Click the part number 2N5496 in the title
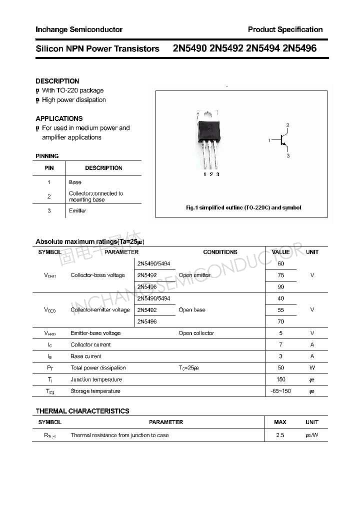(x=299, y=49)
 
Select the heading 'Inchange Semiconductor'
(x=79, y=29)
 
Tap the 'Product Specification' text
(x=285, y=29)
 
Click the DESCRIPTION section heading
(x=57, y=81)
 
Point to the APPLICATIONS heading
(x=59, y=118)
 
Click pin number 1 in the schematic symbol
(x=269, y=140)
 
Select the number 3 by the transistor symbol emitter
(x=288, y=156)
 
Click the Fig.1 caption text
(x=243, y=207)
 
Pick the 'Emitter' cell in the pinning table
(x=77, y=211)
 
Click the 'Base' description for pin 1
(x=75, y=182)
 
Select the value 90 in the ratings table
(x=280, y=287)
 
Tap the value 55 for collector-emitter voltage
(x=280, y=310)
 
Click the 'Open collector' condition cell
(x=196, y=333)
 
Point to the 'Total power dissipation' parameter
(x=98, y=368)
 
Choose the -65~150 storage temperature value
(x=280, y=391)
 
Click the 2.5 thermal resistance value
(x=280, y=435)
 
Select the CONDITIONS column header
(x=220, y=252)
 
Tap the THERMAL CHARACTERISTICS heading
(x=82, y=411)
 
